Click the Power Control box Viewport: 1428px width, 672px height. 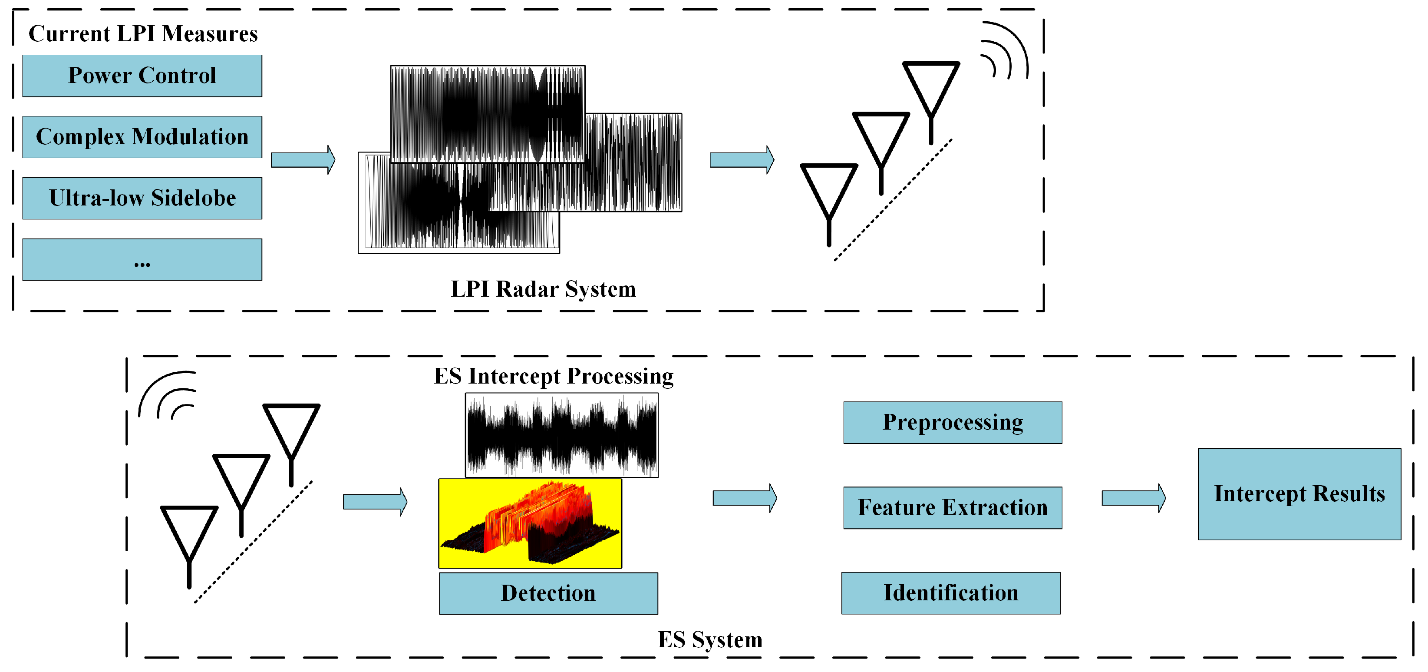pyautogui.click(x=142, y=76)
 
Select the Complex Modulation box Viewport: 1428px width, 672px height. pyautogui.click(x=142, y=137)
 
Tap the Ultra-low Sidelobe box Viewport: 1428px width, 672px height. pyautogui.click(x=142, y=199)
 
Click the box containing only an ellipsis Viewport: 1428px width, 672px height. pyautogui.click(x=142, y=259)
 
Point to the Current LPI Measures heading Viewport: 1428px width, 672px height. pyautogui.click(x=143, y=34)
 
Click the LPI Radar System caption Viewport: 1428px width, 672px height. pyautogui.click(x=543, y=289)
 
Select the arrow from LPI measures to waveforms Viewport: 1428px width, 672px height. pyautogui.click(x=303, y=160)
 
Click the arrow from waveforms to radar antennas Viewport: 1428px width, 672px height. pyautogui.click(x=742, y=160)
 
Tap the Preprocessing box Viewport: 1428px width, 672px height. pyautogui.click(x=953, y=423)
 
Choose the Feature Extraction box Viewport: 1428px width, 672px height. pyautogui.click(x=953, y=508)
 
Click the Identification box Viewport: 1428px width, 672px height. pyautogui.click(x=951, y=593)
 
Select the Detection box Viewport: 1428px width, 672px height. pyautogui.click(x=548, y=593)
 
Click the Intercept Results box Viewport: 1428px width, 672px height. pyautogui.click(x=1299, y=494)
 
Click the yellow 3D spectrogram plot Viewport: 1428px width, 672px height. pyautogui.click(x=530, y=523)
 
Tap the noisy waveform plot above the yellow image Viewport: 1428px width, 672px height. pyautogui.click(x=561, y=435)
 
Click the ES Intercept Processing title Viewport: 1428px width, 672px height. pyautogui.click(x=553, y=377)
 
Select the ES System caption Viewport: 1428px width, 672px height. pyautogui.click(x=709, y=640)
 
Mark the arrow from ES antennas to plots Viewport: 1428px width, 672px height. pyautogui.click(x=375, y=502)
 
